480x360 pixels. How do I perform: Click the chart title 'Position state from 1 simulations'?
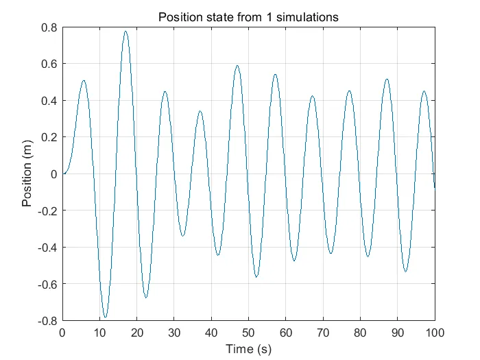point(248,17)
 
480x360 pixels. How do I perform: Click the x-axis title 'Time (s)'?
point(248,349)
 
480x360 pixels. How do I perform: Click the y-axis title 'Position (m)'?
point(27,174)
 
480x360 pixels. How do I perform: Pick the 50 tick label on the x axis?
point(248,333)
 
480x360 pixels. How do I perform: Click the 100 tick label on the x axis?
point(434,333)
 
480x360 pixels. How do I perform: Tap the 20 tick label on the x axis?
point(136,333)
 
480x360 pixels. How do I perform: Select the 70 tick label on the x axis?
point(323,333)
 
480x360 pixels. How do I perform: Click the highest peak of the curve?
point(125,31)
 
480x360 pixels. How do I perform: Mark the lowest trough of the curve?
point(105,317)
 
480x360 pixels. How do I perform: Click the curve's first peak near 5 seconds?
point(84,81)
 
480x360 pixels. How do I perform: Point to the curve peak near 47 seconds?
point(237,66)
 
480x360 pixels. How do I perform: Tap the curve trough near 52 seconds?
point(256,277)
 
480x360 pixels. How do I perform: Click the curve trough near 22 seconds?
point(146,298)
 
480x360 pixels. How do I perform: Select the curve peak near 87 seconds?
point(387,79)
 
